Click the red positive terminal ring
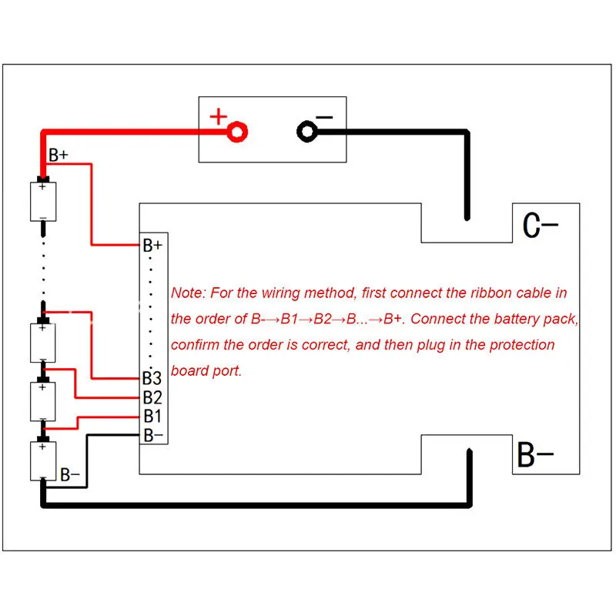coord(238,132)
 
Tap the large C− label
coord(540,226)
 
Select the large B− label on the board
coord(535,457)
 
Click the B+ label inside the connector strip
coord(152,246)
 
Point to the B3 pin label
coord(152,379)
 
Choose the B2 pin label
coord(152,398)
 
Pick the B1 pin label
coord(152,417)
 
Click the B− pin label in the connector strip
coord(152,435)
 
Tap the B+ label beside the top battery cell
coord(59,156)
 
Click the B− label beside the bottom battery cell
coord(69,475)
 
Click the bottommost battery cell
coord(42,460)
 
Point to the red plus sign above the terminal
coord(219,117)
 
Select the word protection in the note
coord(515,344)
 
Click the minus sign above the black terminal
coord(324,118)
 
